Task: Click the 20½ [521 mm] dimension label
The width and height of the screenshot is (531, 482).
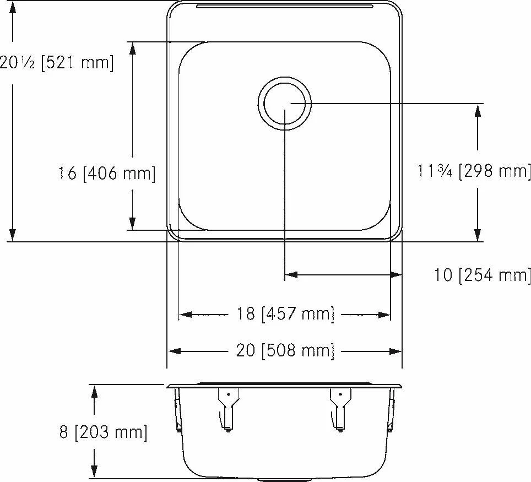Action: coord(56,63)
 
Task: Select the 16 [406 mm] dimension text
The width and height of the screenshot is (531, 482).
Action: coord(107,174)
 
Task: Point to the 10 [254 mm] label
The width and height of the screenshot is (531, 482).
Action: coord(482,275)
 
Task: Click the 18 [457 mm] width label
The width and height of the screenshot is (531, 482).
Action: coord(285,313)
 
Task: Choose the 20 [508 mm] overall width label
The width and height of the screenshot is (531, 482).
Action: coord(285,350)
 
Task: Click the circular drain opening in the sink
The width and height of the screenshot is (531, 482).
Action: coord(284,104)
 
